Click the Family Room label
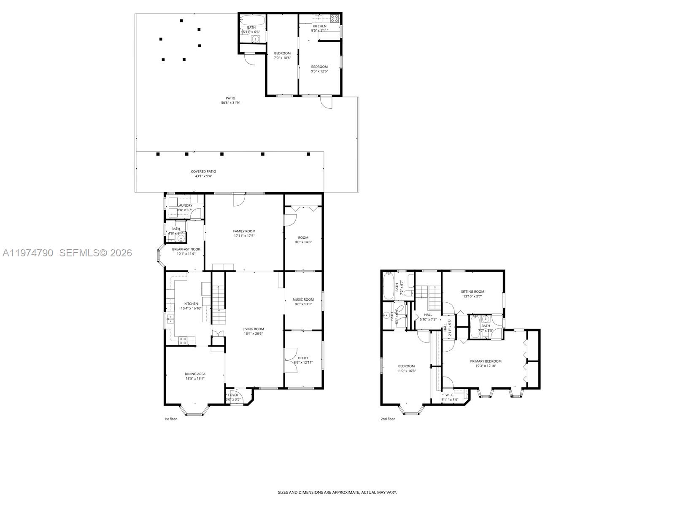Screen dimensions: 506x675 [244, 231]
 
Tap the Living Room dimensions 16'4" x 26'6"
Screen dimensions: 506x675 [253, 334]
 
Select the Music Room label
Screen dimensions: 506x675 [303, 299]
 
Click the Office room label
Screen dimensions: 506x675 [303, 358]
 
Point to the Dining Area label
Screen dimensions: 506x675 [195, 374]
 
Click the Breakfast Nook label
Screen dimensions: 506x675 [186, 249]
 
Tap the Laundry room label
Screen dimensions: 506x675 [185, 205]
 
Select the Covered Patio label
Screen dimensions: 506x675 [203, 172]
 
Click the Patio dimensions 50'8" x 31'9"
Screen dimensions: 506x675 [230, 103]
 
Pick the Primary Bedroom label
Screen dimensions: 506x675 [486, 361]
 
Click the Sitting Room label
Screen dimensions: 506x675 [472, 291]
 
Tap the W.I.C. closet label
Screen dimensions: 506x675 [450, 395]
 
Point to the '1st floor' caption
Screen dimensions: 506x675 [171, 419]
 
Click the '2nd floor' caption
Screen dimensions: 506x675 [388, 419]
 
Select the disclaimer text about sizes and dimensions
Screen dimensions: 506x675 [337, 492]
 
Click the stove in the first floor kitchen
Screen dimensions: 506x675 [183, 341]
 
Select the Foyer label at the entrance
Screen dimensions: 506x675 [233, 395]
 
